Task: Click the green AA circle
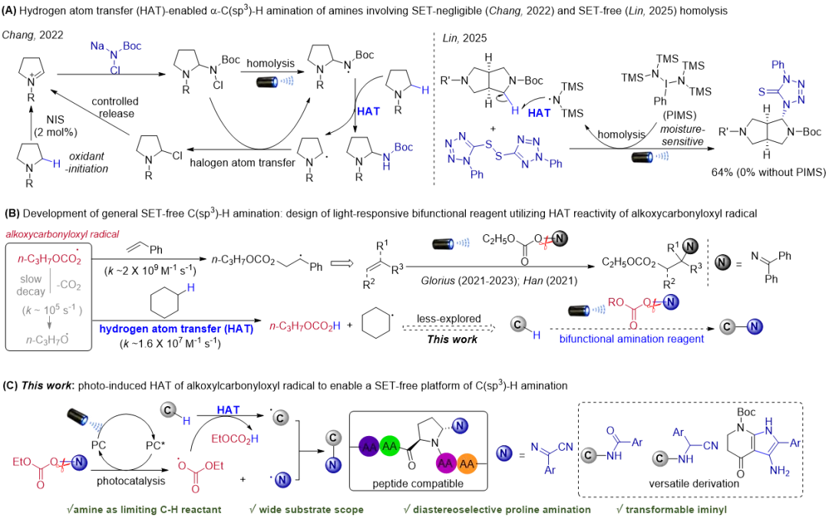[390, 446]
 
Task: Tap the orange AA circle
[467, 464]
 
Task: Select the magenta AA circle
[445, 464]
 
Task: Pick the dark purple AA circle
[369, 446]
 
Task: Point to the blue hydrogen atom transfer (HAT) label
[176, 329]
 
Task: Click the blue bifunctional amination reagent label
[631, 339]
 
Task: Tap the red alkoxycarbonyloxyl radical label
[63, 233]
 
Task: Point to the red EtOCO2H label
[235, 438]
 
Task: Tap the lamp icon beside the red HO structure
[587, 310]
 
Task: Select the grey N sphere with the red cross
[559, 239]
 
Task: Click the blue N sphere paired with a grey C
[755, 326]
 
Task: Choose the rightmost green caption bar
[672, 510]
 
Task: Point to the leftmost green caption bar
[144, 510]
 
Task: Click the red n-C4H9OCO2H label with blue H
[304, 326]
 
